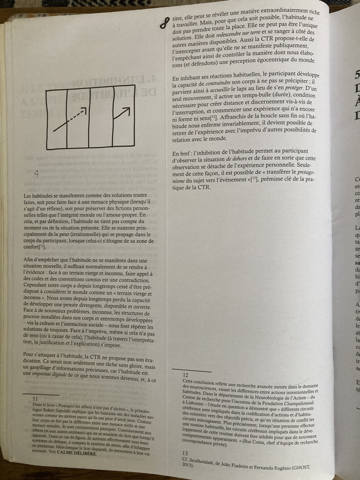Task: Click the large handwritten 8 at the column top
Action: coord(164,21)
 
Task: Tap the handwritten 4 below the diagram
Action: coord(36,173)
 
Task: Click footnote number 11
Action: coord(35,399)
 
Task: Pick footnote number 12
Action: coord(186,375)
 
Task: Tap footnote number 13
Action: coord(185,453)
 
